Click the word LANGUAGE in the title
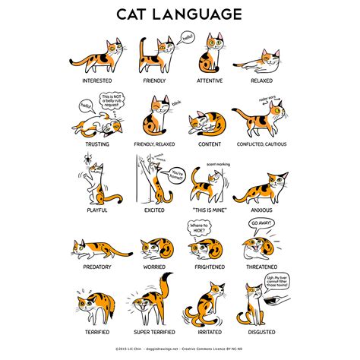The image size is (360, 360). click(199, 14)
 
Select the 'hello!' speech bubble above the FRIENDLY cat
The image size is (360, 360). click(188, 36)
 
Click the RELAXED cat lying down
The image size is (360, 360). click(262, 59)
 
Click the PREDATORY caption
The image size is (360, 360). click(94, 267)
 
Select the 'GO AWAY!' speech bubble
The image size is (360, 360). click(260, 223)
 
